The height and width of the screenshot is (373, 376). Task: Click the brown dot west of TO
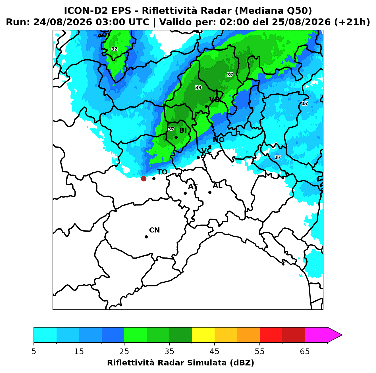pos(144,178)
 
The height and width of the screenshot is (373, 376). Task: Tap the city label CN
pos(154,230)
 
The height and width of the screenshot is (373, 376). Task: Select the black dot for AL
pos(209,192)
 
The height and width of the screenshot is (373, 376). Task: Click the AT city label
pos(193,186)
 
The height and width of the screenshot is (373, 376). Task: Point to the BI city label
pos(183,131)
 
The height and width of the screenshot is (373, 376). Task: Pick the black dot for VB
pos(206,106)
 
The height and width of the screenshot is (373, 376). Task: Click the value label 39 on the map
pos(198,87)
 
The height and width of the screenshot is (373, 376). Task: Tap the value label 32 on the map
pos(114,49)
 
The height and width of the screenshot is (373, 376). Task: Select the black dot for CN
pos(146,237)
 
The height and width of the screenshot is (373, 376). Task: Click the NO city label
pos(218,140)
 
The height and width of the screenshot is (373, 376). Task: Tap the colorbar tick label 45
pos(214,351)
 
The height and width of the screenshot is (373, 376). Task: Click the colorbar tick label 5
pos(34,351)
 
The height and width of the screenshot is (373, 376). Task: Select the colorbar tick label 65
pos(305,351)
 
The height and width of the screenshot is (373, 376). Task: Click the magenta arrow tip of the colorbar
pos(342,335)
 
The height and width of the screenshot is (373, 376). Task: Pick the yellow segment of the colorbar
pos(203,335)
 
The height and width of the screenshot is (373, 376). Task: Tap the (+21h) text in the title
pos(352,22)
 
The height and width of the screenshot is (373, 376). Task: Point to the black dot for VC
pos(198,158)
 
